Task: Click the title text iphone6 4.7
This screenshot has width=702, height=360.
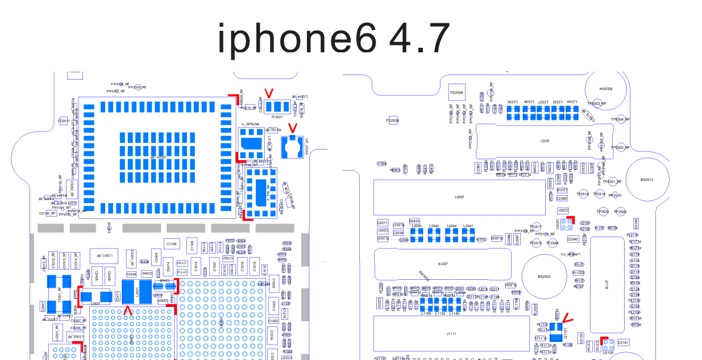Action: pyautogui.click(x=334, y=38)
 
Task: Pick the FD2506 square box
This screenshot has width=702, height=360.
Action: pyautogui.click(x=456, y=92)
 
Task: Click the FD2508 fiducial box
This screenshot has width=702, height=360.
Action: pyautogui.click(x=392, y=121)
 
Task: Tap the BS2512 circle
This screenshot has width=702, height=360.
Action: pyautogui.click(x=647, y=180)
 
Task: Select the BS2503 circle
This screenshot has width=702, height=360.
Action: pyautogui.click(x=544, y=276)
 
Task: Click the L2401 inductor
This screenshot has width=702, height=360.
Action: pyautogui.click(x=137, y=292)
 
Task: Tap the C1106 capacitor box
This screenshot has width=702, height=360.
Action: pyautogui.click(x=172, y=244)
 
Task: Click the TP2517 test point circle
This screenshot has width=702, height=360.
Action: pyautogui.click(x=535, y=227)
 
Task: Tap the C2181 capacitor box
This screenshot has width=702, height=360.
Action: pyautogui.click(x=623, y=342)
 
